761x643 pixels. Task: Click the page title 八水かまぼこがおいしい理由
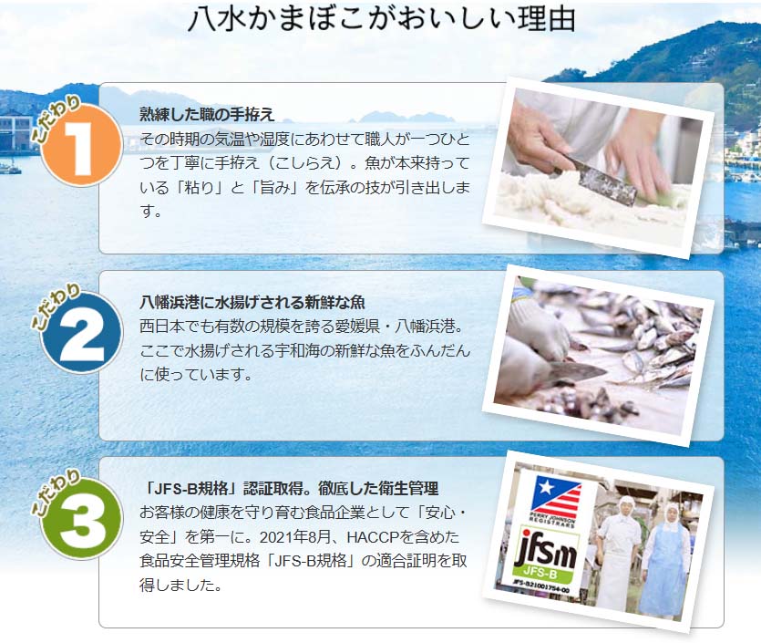pyautogui.click(x=381, y=19)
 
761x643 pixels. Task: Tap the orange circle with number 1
pyautogui.click(x=81, y=147)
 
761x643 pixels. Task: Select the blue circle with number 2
pyautogui.click(x=81, y=333)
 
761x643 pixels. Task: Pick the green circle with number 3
pyautogui.click(x=81, y=519)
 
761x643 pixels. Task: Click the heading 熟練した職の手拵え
pyautogui.click(x=207, y=114)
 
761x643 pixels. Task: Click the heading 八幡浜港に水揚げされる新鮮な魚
pyautogui.click(x=252, y=302)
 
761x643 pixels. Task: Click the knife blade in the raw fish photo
pyautogui.click(x=578, y=371)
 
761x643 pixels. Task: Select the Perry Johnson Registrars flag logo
pyautogui.click(x=555, y=501)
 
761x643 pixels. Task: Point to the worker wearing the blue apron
pyautogui.click(x=666, y=558)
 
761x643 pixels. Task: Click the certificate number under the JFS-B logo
pyautogui.click(x=541, y=586)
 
